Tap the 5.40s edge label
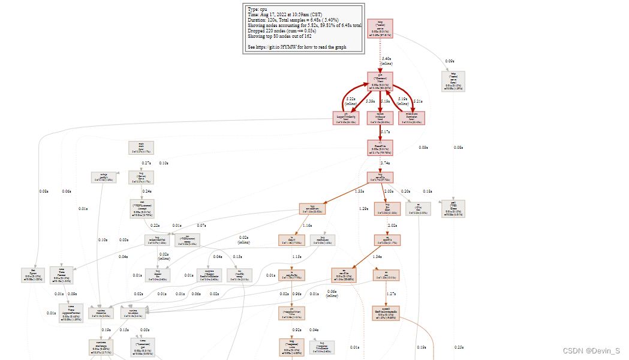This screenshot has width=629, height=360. pos(387,59)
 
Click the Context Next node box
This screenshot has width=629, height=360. pos(380,81)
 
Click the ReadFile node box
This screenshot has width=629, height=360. pos(380,148)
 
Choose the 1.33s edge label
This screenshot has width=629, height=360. pos(360,191)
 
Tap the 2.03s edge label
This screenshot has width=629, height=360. pos(389,191)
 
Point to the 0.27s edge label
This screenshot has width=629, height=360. pos(146,163)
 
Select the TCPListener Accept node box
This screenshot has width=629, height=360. pos(142,208)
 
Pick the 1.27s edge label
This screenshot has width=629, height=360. pos(390,294)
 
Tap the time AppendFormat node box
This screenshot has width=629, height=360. pos(71,313)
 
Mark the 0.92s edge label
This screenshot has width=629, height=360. pos(297,330)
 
